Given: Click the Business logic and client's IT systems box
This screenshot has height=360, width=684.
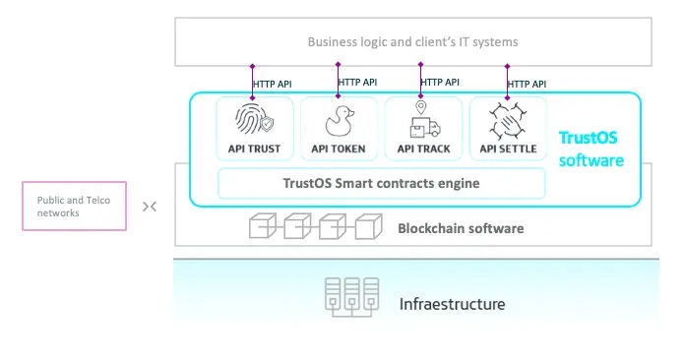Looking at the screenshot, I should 412,42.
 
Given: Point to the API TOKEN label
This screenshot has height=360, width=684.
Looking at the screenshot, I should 338,150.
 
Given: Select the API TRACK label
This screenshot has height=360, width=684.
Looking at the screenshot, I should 422,150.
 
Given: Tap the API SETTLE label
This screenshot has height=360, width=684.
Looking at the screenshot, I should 507,150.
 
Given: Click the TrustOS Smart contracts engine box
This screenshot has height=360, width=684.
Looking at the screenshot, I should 381,182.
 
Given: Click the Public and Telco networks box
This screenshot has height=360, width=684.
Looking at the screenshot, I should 74,206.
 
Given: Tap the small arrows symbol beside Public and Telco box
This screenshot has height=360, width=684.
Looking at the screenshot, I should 150,207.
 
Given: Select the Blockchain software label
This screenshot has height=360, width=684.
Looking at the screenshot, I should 461,229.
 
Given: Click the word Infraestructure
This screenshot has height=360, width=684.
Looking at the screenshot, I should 452,304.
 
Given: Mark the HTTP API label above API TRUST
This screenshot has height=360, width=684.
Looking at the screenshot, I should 274,84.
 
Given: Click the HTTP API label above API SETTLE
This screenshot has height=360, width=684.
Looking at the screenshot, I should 528,85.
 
